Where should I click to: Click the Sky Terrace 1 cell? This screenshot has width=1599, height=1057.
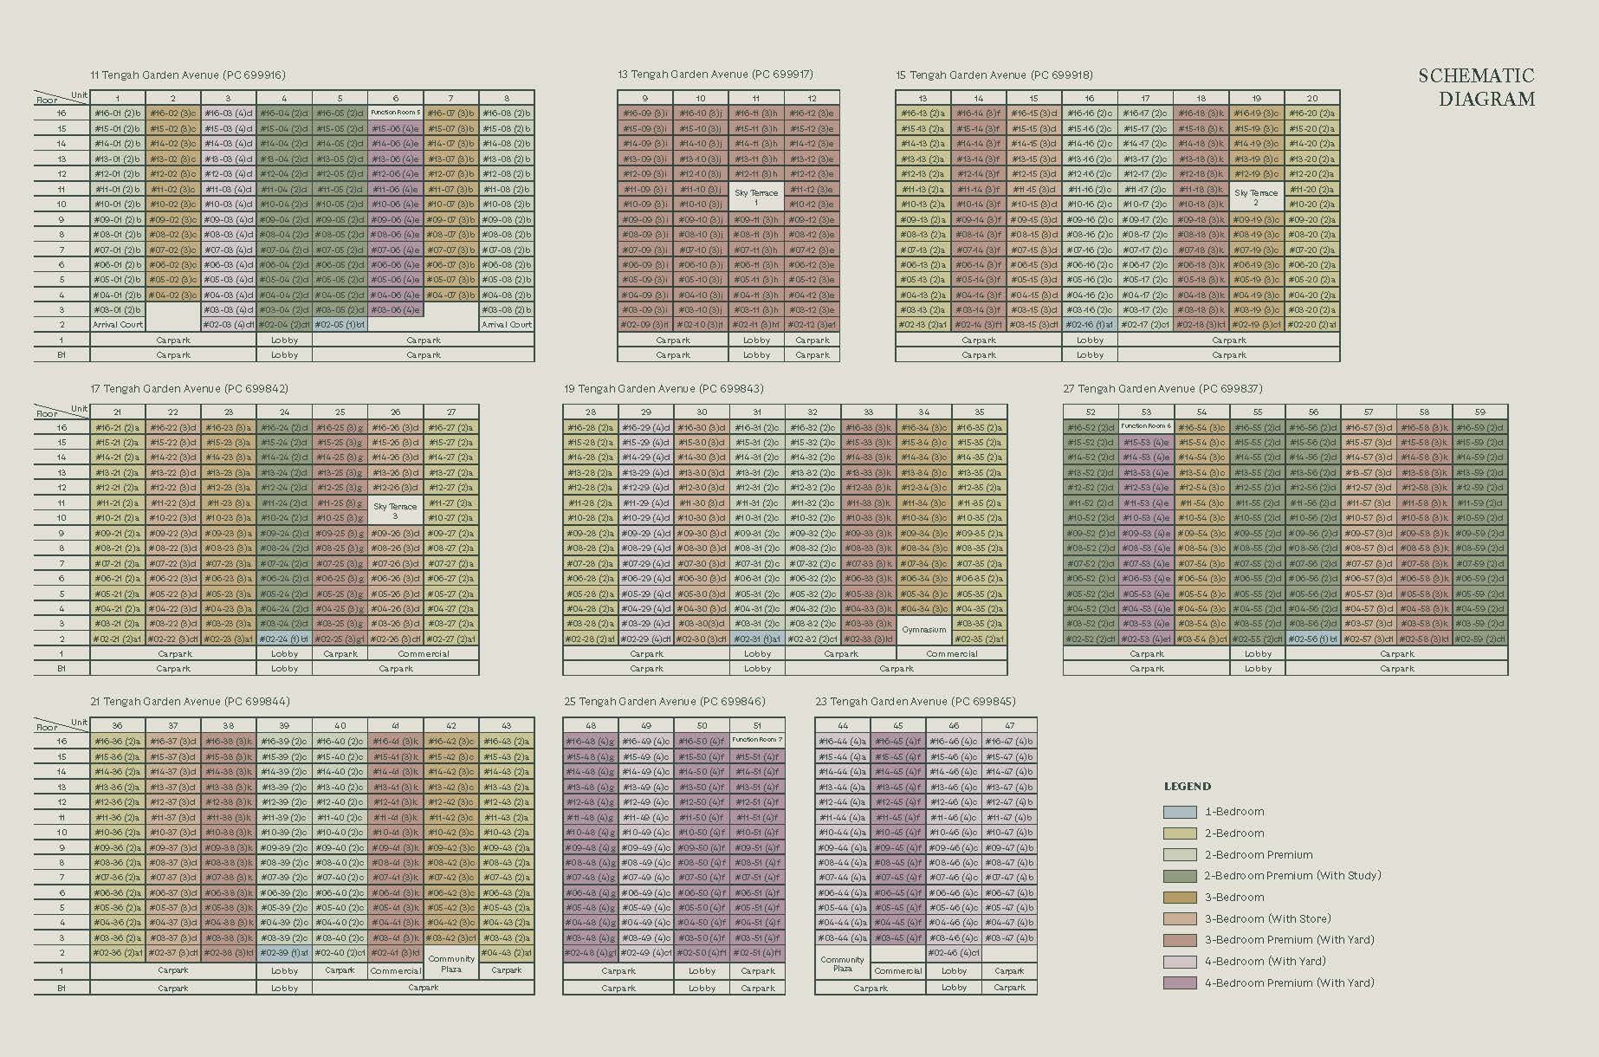tap(756, 197)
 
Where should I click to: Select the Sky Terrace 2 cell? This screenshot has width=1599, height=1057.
tap(1256, 197)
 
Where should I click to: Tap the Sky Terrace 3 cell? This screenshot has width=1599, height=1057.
tap(395, 510)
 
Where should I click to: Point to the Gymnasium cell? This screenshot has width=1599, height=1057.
tap(923, 631)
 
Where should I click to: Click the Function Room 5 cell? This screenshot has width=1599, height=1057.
tap(395, 113)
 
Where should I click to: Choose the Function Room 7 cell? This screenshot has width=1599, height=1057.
tap(757, 741)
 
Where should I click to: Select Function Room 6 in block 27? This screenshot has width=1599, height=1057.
tap(1145, 426)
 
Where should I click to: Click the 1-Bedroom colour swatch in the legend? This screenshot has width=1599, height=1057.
tap(1179, 812)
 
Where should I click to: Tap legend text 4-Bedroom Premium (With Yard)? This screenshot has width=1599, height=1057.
tap(1289, 982)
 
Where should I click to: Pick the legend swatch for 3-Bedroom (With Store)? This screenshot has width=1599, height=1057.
tap(1179, 918)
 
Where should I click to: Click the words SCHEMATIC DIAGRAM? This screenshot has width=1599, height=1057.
tap(1477, 88)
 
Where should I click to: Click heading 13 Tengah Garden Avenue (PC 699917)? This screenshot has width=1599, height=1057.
tap(715, 75)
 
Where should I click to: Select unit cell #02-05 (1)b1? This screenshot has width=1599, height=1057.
tap(340, 325)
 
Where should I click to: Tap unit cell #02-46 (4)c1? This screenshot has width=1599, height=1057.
tap(953, 953)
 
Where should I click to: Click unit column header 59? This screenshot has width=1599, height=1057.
tap(1479, 412)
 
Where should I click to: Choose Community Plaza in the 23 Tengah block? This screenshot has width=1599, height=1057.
tap(842, 964)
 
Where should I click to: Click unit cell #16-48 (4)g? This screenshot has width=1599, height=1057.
tap(590, 742)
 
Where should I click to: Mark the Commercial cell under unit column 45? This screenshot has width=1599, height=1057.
tap(897, 971)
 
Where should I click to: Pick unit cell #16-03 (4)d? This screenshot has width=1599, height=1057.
tap(229, 113)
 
